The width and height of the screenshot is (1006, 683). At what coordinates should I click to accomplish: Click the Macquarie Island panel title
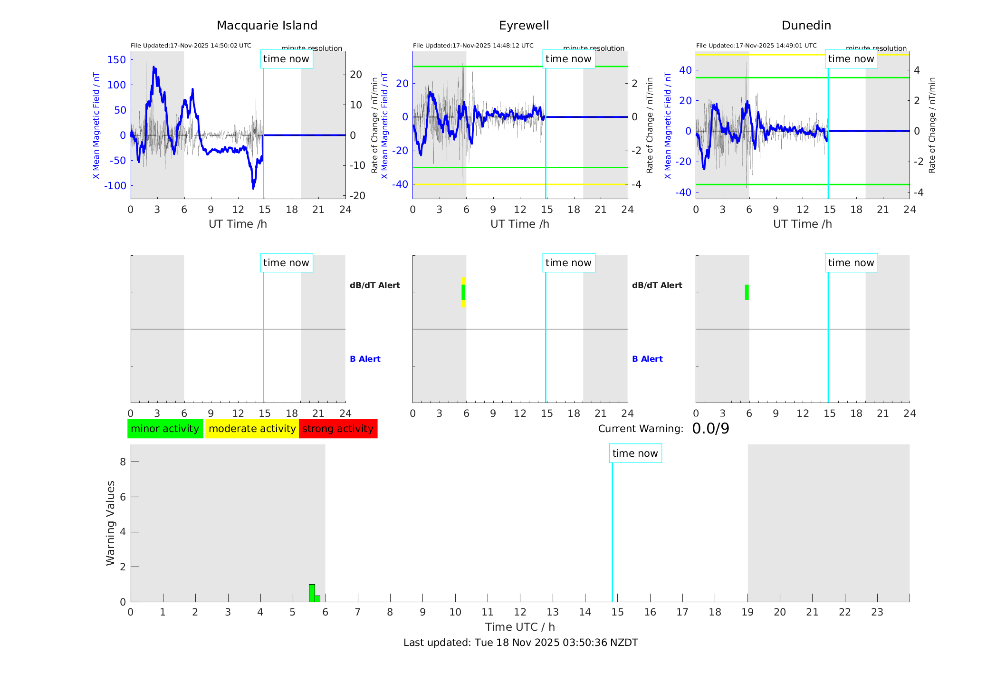(267, 26)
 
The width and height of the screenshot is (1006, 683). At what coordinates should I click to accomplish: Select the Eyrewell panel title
(524, 26)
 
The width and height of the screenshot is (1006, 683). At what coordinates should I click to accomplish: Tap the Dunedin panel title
(806, 26)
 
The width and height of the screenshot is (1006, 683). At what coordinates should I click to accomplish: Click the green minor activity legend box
(165, 429)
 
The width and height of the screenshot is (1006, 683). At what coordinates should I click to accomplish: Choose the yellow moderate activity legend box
(252, 429)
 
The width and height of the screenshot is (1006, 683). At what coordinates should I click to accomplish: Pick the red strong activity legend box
(338, 429)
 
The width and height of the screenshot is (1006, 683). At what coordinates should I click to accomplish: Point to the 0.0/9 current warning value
(710, 429)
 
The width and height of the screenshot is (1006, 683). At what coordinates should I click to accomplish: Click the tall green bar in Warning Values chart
(312, 593)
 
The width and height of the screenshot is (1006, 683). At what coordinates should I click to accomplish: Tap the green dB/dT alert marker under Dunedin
(747, 292)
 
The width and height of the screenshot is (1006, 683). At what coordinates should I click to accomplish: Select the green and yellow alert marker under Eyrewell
(463, 292)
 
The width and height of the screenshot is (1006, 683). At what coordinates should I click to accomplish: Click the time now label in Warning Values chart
(635, 453)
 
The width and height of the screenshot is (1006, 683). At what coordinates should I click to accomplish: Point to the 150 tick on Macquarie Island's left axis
(116, 60)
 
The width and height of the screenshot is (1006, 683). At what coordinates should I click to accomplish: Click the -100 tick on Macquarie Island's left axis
(115, 186)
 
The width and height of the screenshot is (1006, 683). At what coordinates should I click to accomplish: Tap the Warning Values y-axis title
(110, 523)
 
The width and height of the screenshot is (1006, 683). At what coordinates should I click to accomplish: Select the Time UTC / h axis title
(520, 627)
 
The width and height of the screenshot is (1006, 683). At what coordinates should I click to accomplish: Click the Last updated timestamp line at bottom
(520, 643)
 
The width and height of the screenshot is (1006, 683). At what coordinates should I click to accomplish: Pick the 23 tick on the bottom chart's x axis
(877, 612)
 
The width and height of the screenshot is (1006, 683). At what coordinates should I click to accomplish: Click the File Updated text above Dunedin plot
(756, 46)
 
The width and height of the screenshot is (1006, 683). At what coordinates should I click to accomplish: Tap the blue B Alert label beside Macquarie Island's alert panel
(365, 359)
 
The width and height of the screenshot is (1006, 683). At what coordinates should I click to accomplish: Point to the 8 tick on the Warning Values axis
(123, 462)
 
